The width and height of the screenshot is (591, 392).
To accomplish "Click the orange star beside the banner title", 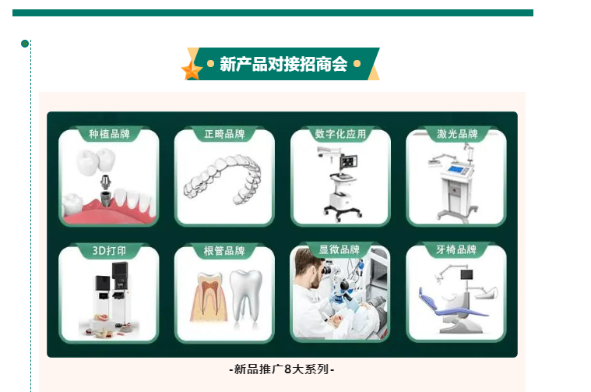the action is coord(192,70).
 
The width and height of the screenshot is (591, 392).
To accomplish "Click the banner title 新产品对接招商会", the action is coord(283,64).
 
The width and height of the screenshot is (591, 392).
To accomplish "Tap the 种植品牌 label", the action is coord(109,134).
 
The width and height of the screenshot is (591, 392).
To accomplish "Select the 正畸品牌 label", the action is coord(224,134).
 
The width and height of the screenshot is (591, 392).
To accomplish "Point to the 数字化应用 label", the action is coord(340,134).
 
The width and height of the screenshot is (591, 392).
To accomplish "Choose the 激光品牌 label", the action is coord(457,134).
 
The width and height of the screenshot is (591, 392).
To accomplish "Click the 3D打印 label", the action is coord(109,251).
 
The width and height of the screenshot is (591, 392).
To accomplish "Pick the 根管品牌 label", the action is coord(224,251).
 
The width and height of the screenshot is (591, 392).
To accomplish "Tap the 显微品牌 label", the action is coord(339,249).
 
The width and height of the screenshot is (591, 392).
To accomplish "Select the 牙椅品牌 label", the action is coord(456,249).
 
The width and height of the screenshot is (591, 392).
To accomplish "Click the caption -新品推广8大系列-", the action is coord(282,369).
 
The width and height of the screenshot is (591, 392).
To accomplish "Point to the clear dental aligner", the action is coord(223,179).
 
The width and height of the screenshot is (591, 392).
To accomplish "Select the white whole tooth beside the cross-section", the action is coord(246,295).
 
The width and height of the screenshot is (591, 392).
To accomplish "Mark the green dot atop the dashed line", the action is coord(25,44).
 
